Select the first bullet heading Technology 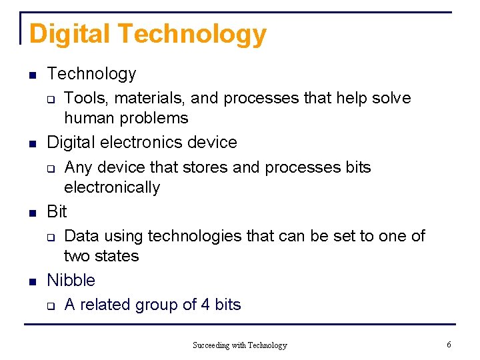pos(91,74)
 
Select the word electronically pos(111,188)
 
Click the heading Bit pos(57,212)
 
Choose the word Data pos(83,236)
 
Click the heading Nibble pos(71,281)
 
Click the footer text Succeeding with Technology pos(239,345)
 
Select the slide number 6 pos(449,345)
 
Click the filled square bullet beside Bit pos(31,213)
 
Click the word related pos(105,305)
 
